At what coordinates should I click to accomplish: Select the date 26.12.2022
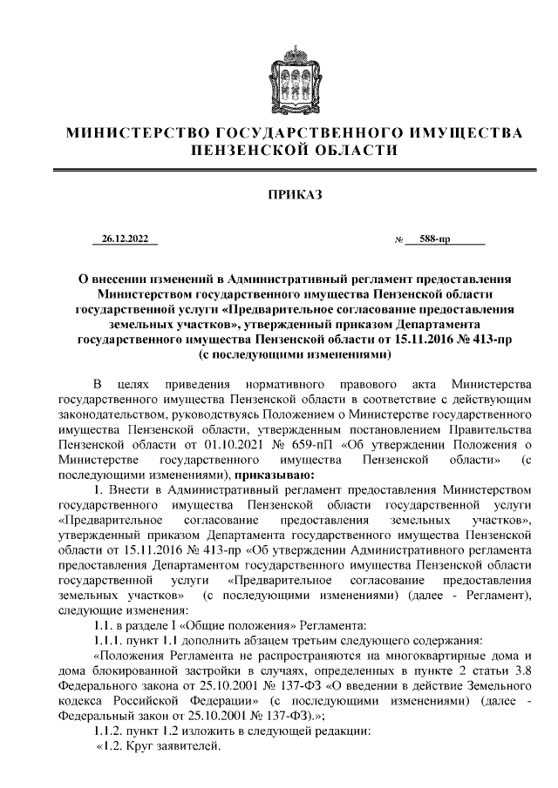pyautogui.click(x=125, y=239)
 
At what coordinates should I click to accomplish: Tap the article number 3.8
pyautogui.click(x=515, y=670)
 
